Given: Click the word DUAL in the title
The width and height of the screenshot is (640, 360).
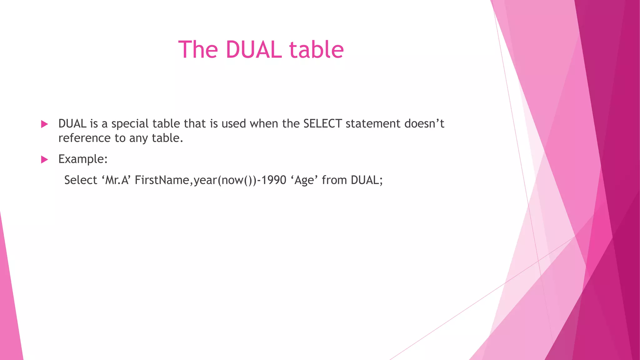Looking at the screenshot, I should [253, 49].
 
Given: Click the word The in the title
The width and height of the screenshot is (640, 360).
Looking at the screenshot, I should [198, 49].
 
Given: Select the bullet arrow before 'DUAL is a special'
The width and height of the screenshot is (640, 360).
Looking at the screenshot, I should [44, 124].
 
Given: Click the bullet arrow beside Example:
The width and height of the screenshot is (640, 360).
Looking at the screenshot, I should [44, 160].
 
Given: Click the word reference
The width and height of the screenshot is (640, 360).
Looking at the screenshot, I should [84, 138].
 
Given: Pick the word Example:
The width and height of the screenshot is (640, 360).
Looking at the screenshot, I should [83, 159].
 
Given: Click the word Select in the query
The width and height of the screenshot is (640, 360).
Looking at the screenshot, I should [81, 180].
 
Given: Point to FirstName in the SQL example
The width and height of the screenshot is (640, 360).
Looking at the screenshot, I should [162, 180].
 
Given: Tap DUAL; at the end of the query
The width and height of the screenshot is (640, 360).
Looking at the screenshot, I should [367, 180].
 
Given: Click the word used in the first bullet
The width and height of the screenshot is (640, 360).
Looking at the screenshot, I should [233, 124].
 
